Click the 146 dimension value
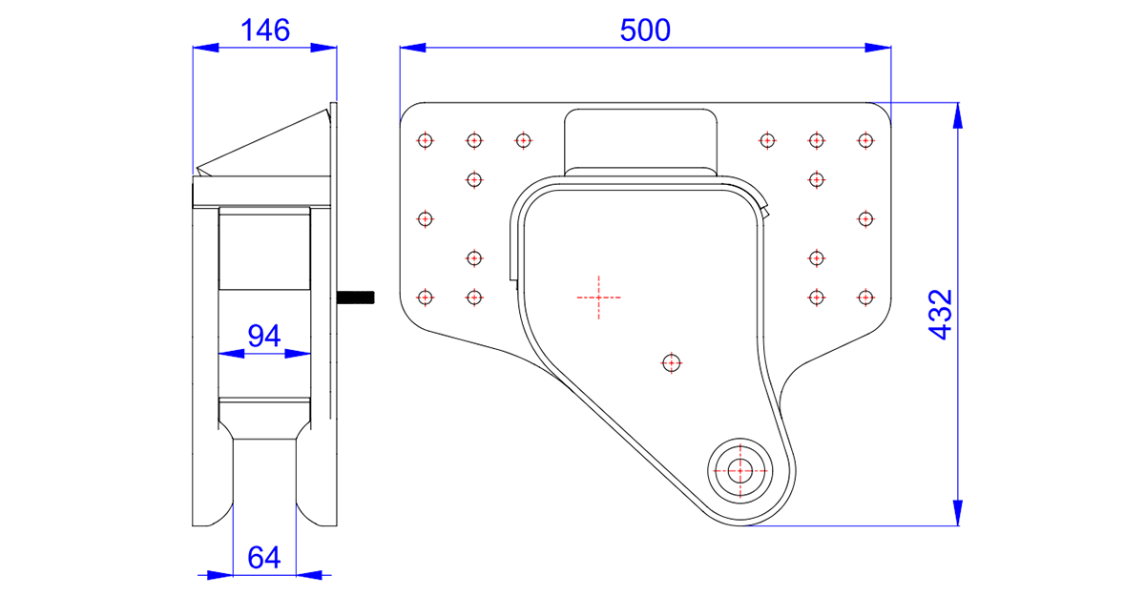click(265, 31)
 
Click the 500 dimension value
click(645, 31)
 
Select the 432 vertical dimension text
click(941, 314)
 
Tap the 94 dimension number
click(263, 336)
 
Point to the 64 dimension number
click(263, 558)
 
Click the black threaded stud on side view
click(356, 298)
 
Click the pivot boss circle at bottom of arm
click(739, 470)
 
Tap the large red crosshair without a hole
click(598, 298)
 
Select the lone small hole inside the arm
click(671, 363)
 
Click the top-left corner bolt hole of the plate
click(426, 140)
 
